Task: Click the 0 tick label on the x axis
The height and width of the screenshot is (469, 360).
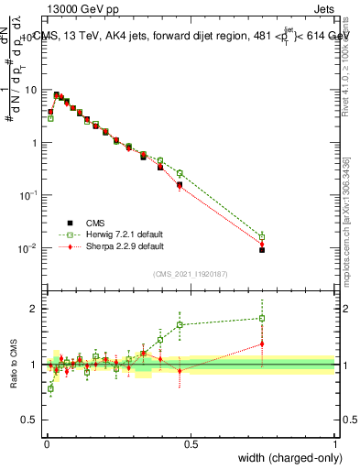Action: tap(46, 444)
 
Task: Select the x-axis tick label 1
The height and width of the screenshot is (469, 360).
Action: tap(334, 444)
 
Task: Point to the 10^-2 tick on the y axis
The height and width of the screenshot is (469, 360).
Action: tap(29, 248)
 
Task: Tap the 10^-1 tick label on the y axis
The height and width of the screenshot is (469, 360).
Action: tap(29, 196)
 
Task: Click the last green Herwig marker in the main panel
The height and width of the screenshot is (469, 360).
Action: tap(262, 236)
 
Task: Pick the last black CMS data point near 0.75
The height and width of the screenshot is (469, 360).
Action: tap(262, 249)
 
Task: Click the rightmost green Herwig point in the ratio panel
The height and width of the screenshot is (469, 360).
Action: tap(262, 319)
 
